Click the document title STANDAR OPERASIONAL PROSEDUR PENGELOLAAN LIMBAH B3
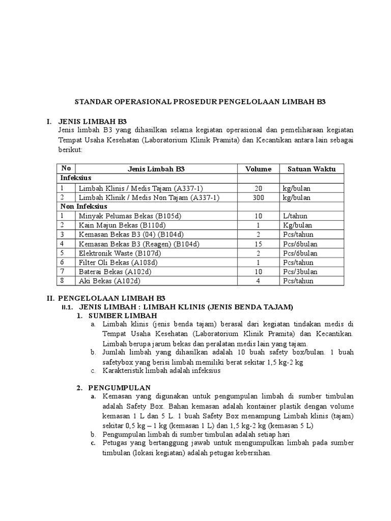point(200,101)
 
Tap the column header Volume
point(258,169)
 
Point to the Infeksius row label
point(76,178)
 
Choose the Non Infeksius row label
point(82,207)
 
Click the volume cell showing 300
point(258,197)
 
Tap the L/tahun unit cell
point(296,216)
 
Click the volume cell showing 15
point(258,244)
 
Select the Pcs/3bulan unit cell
point(300,272)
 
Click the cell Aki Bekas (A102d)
point(109,281)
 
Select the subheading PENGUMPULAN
point(119,387)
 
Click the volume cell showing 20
point(258,188)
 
